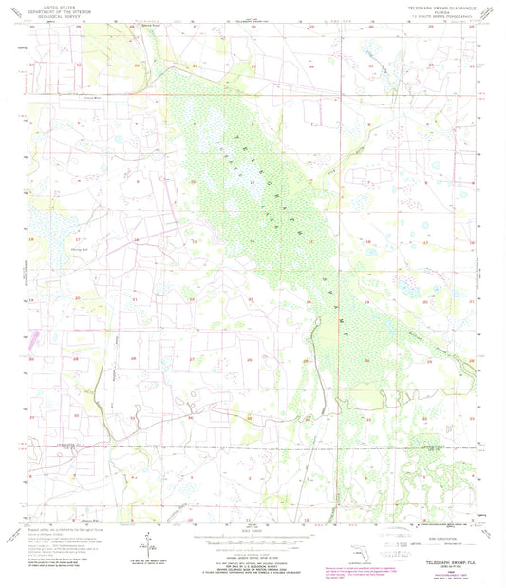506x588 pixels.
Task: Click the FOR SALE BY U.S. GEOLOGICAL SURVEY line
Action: (253, 555)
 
